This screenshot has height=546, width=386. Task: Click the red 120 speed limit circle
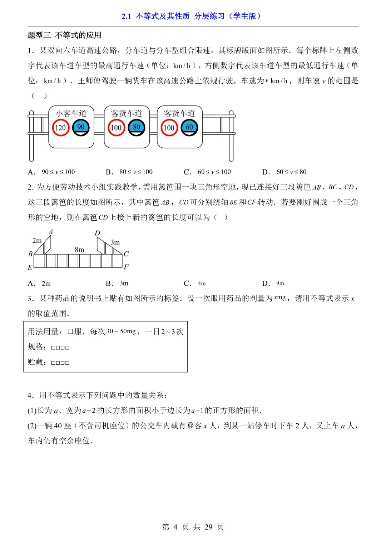(x=60, y=128)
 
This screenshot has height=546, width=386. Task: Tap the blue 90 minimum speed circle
(x=81, y=128)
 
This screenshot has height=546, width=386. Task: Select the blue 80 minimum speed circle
(x=137, y=128)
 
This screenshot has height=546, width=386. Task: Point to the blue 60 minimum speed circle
(x=189, y=128)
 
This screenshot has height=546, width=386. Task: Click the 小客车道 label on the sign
(x=71, y=113)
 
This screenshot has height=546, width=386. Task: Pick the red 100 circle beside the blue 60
(x=169, y=128)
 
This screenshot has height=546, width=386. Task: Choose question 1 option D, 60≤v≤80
(x=291, y=172)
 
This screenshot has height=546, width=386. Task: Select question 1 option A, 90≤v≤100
(x=58, y=172)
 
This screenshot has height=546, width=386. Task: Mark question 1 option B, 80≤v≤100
(x=135, y=172)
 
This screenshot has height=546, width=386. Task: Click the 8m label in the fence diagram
(x=79, y=250)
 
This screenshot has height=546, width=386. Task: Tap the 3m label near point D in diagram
(x=115, y=242)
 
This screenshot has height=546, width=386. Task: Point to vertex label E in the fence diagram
(x=30, y=267)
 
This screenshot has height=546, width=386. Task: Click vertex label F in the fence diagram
(x=126, y=267)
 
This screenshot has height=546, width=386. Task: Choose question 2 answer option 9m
(x=280, y=283)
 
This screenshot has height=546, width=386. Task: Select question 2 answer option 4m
(x=202, y=284)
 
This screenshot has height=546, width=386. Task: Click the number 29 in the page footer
(x=208, y=527)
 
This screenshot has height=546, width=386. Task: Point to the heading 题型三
(x=39, y=35)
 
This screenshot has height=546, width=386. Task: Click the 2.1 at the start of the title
(x=126, y=16)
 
